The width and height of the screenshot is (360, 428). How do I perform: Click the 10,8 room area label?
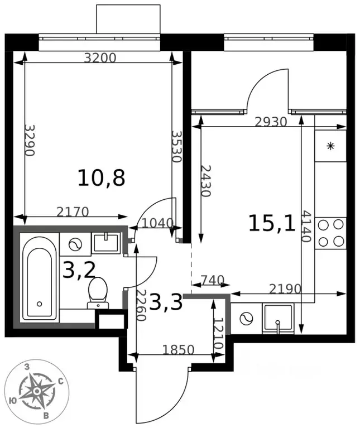click(101, 178)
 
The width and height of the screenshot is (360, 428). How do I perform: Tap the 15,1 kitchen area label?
click(272, 223)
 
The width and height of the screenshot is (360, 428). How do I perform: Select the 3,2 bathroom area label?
click(79, 270)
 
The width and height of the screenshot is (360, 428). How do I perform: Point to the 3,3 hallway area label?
click(166, 302)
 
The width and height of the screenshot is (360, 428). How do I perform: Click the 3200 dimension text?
click(100, 58)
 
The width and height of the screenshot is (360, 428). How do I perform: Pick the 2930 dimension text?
click(271, 122)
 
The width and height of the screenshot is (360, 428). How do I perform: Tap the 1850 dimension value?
click(178, 350)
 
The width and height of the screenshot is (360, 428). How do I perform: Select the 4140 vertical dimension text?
click(306, 227)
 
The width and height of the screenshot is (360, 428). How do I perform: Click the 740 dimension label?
click(212, 280)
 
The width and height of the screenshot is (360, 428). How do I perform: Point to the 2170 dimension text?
click(73, 212)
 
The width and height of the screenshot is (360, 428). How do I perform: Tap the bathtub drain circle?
click(39, 304)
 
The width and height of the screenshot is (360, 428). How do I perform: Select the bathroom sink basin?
click(105, 242)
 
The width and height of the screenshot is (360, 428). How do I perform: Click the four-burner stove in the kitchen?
click(330, 233)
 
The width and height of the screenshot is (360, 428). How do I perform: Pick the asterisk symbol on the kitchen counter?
click(330, 146)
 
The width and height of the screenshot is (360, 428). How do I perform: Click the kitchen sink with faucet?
click(278, 319)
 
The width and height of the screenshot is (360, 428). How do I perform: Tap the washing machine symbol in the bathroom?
click(75, 244)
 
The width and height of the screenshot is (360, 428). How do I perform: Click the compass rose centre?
click(36, 392)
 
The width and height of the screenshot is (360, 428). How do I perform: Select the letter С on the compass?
click(61, 381)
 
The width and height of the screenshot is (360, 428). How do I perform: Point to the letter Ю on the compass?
click(12, 401)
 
